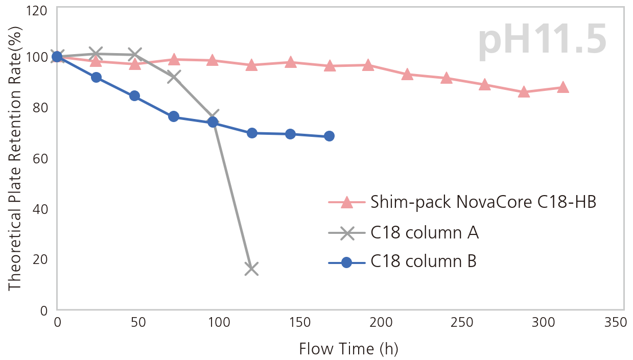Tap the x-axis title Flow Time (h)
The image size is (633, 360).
[348, 349]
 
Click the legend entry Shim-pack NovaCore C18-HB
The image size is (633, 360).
[483, 202]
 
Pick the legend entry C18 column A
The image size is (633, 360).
[424, 233]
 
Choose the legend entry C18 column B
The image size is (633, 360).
[423, 262]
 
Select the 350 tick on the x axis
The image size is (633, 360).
[615, 323]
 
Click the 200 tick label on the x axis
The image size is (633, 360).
[381, 323]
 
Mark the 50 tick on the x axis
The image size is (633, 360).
[138, 323]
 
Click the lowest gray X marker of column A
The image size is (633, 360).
[251, 269]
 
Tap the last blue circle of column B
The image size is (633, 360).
[329, 136]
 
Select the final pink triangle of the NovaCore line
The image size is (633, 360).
[562, 87]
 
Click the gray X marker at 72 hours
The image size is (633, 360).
[174, 77]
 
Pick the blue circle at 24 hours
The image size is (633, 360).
[96, 78]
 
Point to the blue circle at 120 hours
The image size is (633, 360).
[251, 133]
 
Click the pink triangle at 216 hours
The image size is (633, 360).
[407, 75]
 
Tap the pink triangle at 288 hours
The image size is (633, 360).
[524, 92]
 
